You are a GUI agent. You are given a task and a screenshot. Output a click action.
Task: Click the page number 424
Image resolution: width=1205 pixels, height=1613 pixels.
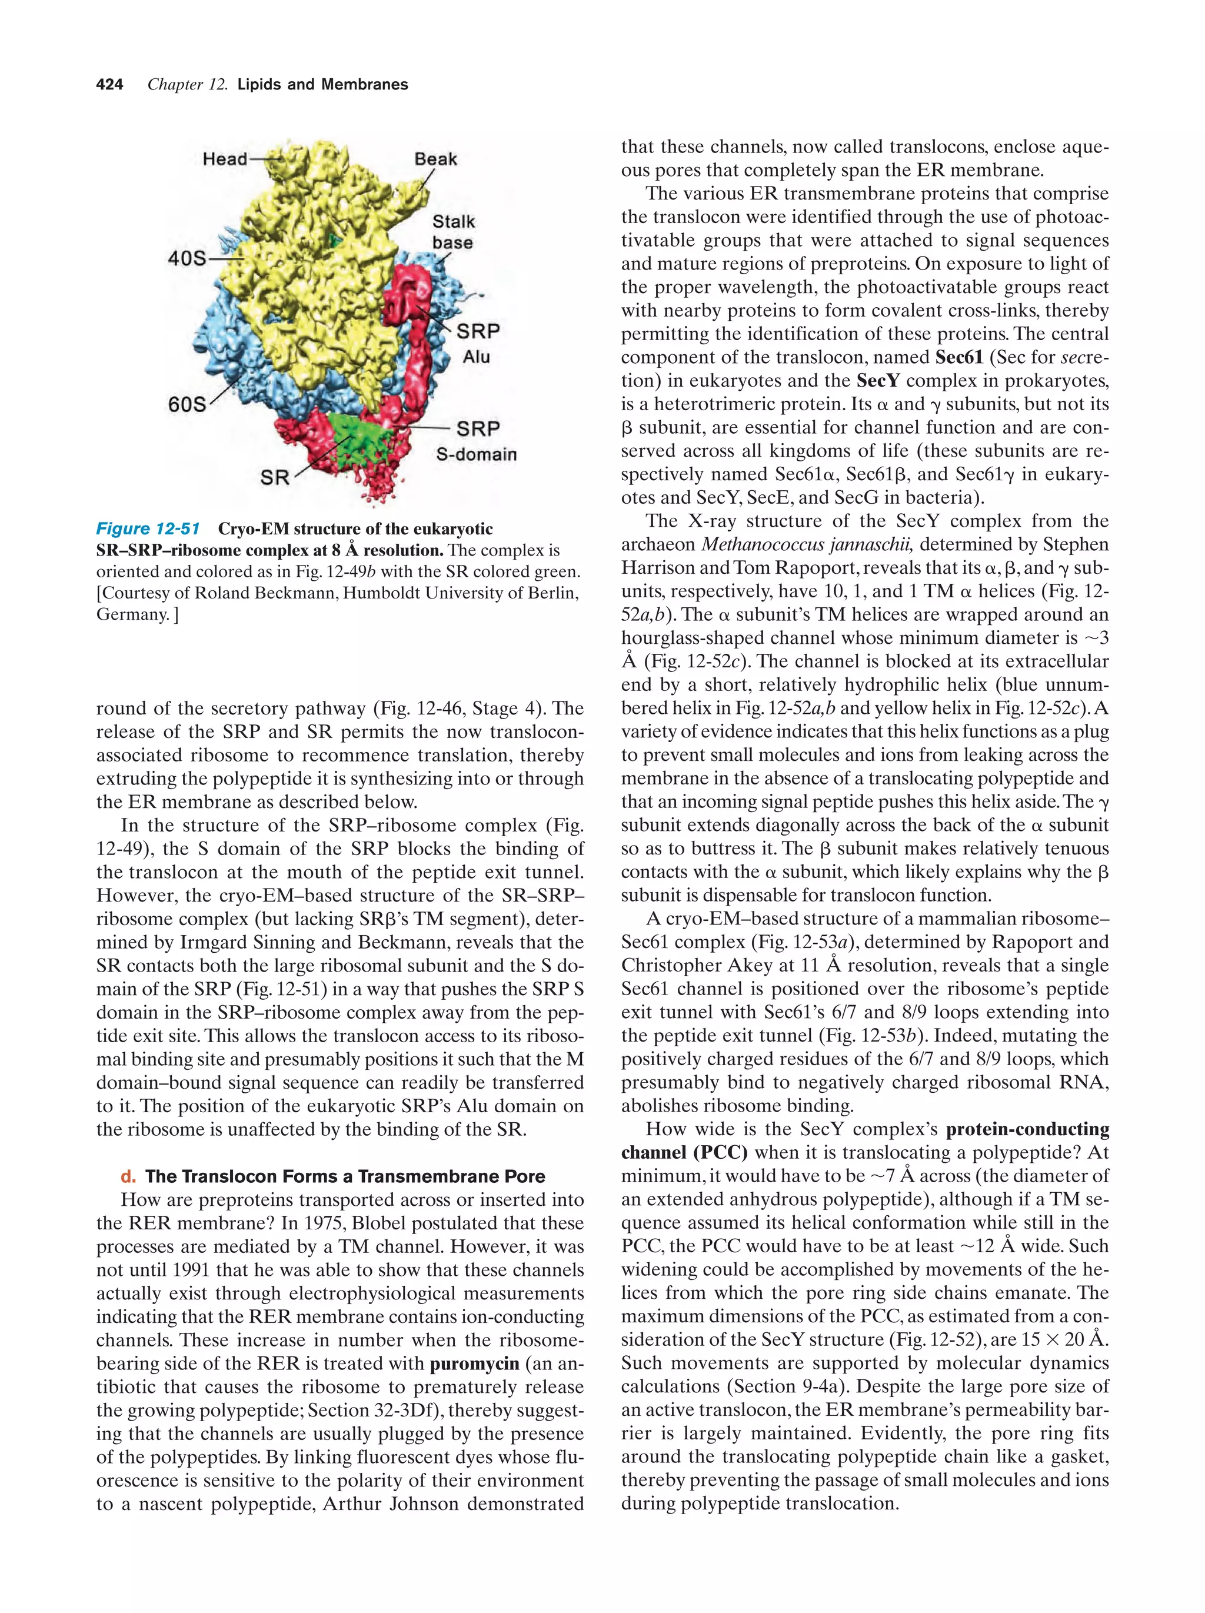point(109,85)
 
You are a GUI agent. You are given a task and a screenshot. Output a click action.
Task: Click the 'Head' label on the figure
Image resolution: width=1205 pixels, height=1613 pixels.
point(225,158)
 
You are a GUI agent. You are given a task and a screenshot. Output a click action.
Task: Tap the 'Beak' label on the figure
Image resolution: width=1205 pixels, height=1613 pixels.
point(435,158)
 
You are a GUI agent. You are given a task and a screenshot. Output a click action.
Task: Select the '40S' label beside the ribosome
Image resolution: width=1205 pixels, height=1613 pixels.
point(187,258)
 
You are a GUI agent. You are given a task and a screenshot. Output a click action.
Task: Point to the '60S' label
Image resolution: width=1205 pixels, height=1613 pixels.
point(187,403)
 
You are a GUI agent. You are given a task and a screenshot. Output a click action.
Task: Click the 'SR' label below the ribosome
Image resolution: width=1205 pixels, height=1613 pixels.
point(275,478)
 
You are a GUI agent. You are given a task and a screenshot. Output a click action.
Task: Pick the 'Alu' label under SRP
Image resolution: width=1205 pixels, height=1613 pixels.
point(476,357)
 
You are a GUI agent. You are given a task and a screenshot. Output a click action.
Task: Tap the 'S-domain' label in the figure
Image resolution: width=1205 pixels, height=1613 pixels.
point(476,454)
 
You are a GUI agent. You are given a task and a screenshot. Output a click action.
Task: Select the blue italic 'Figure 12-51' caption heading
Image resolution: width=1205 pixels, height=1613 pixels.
point(148,528)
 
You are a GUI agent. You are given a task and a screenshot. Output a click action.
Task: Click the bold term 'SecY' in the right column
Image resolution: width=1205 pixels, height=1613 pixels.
point(878,381)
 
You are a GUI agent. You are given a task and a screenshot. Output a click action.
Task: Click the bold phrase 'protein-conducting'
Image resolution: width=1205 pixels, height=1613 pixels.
point(1027,1129)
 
